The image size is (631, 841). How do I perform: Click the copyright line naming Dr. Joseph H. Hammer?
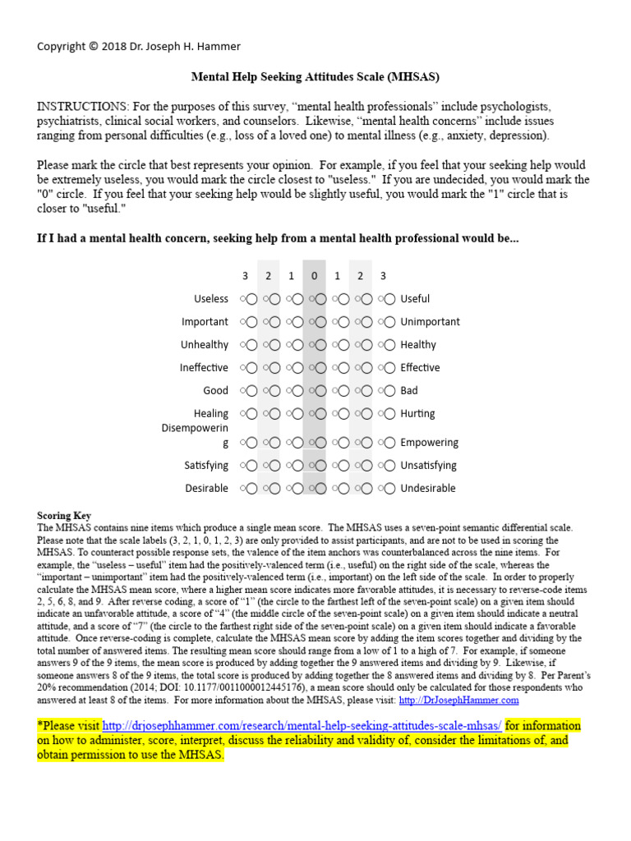(139, 46)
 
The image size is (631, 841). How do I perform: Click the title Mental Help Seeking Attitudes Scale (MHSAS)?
(315, 77)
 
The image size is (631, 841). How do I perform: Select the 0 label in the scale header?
(314, 276)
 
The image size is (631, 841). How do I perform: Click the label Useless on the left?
(211, 299)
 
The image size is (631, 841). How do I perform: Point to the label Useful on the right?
(415, 299)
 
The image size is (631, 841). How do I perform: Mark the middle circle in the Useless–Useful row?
(320, 299)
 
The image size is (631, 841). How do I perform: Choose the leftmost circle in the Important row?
(251, 322)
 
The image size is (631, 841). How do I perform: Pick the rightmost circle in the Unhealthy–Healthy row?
(389, 345)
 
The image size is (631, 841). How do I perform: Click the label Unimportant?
(430, 322)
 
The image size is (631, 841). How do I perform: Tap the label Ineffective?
(204, 368)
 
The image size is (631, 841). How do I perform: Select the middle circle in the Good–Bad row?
(320, 391)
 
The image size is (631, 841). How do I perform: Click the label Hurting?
(417, 414)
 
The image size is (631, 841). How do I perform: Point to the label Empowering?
(429, 443)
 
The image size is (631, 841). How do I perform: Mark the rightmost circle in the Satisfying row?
(389, 466)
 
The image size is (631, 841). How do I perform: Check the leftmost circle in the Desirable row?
(251, 489)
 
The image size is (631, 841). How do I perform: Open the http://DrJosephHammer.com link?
(458, 701)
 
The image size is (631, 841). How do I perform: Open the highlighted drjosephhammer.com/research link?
(302, 726)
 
